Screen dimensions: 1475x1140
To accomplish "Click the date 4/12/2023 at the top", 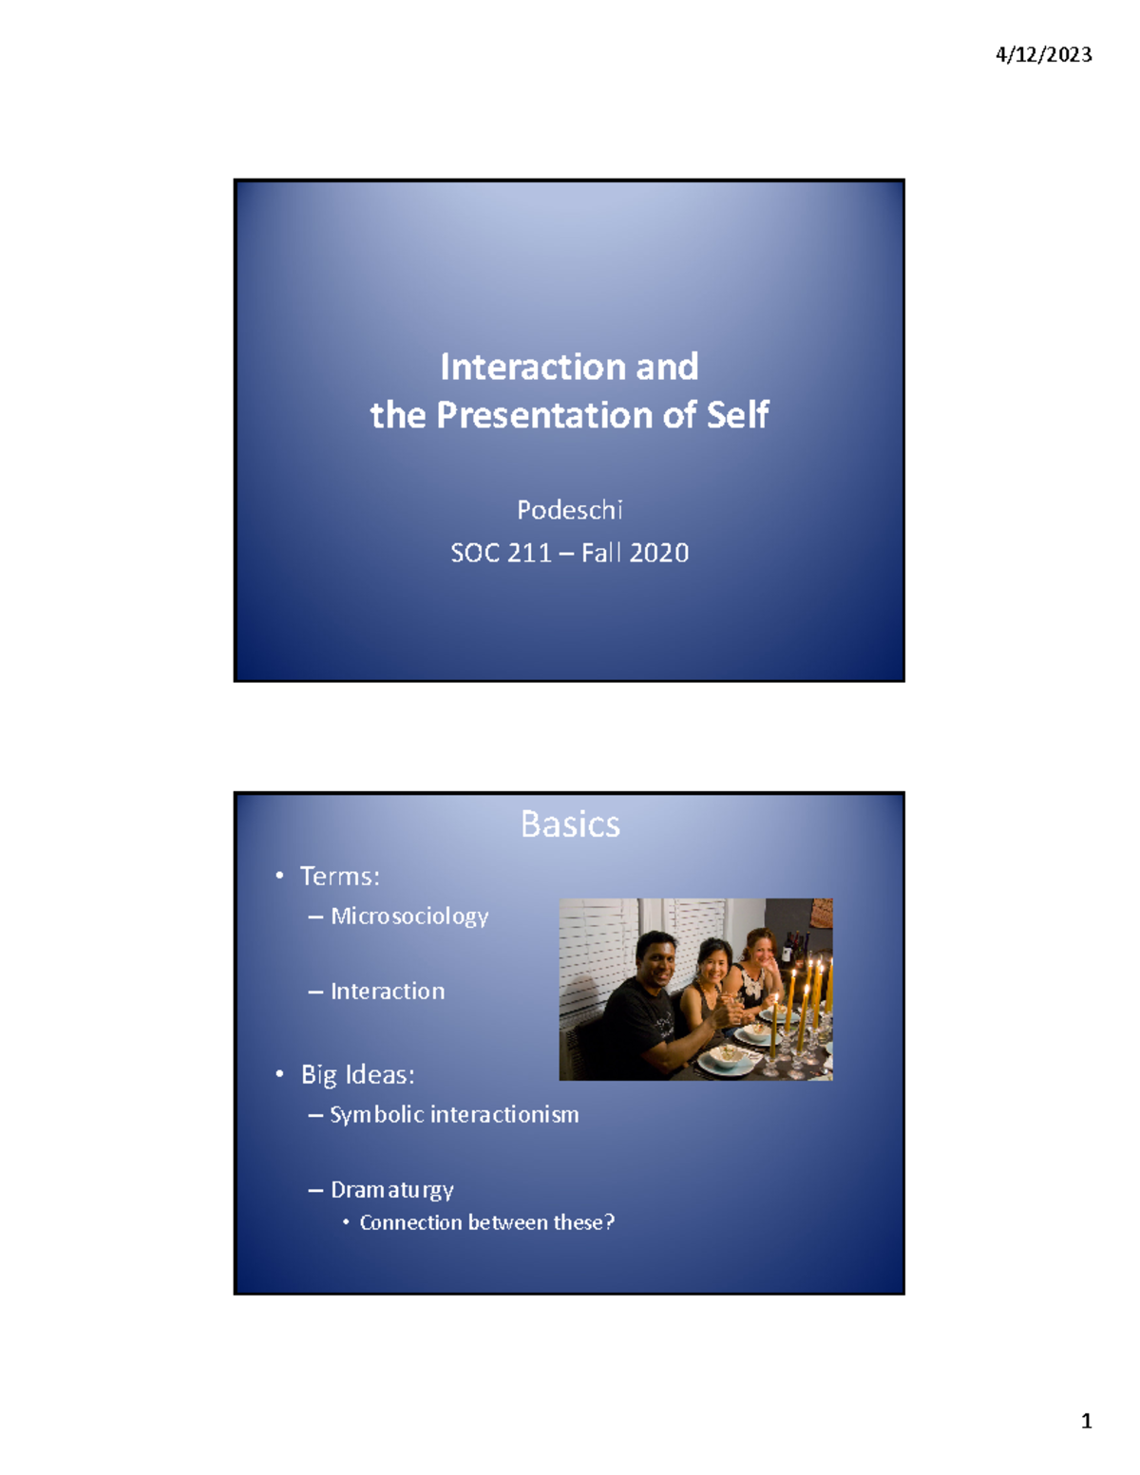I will [x=1043, y=55].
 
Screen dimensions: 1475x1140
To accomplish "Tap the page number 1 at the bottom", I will [x=1086, y=1422].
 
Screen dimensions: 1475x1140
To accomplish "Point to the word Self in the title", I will [x=737, y=415].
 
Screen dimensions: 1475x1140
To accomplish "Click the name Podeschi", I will [x=569, y=510].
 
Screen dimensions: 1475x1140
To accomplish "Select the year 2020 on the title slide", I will [x=658, y=553].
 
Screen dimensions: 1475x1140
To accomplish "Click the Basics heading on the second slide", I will [x=570, y=824].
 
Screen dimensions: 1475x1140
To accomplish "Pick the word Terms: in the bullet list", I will [x=339, y=876].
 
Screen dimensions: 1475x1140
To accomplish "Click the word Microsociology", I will [x=409, y=917].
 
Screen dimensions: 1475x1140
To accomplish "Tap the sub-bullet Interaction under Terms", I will [x=387, y=992].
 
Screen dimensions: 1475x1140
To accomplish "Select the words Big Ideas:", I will [x=357, y=1074].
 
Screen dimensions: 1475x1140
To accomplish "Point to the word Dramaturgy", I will [x=391, y=1190].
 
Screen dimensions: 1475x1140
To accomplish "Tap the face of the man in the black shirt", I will [x=655, y=958].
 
